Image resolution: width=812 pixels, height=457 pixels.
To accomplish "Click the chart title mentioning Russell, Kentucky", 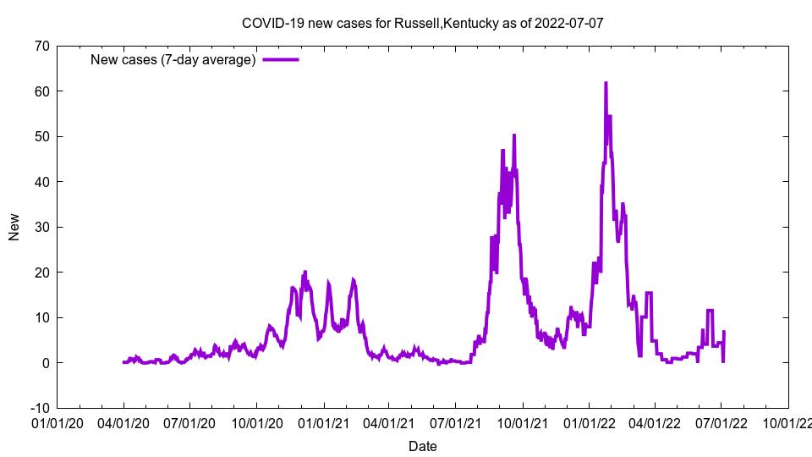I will pos(422,23).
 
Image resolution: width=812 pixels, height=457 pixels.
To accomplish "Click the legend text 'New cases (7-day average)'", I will pos(173,59).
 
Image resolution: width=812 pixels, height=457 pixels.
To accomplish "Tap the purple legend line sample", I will pos(281,59).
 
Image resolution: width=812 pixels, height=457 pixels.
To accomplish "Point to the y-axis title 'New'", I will pos(14,227).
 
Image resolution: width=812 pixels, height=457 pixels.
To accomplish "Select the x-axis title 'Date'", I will pos(422,446).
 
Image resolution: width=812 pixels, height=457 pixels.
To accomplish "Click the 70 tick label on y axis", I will pos(41,46).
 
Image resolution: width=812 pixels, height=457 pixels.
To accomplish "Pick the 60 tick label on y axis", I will pos(41,91).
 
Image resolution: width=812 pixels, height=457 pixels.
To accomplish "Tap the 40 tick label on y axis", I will pos(41,182).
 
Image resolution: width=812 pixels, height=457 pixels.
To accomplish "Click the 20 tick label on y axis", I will pos(41,273).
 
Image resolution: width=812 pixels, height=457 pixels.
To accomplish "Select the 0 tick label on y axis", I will pos(45,363).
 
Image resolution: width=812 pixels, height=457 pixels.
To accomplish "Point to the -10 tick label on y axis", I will pos(38,408).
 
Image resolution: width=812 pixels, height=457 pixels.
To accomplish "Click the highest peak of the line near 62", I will pos(606,83).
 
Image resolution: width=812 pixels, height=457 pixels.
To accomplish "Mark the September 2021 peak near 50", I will pos(513,135).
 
